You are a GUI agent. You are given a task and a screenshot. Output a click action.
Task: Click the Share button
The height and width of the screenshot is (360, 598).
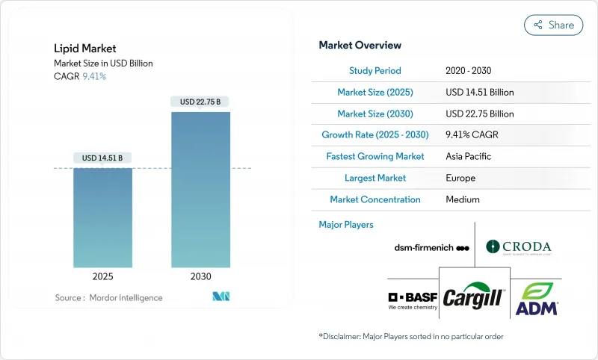pyautogui.click(x=553, y=25)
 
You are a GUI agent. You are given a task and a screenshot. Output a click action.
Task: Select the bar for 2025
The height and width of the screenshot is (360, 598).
pyautogui.click(x=103, y=217)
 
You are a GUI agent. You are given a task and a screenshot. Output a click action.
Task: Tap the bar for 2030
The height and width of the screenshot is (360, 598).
pyautogui.click(x=200, y=190)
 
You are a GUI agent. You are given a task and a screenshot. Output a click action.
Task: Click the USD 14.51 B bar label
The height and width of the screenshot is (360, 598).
pyautogui.click(x=103, y=158)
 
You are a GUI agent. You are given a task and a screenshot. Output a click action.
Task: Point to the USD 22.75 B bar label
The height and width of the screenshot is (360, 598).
pyautogui.click(x=200, y=102)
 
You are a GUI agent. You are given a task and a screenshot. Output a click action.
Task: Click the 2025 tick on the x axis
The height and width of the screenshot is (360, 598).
pyautogui.click(x=103, y=276)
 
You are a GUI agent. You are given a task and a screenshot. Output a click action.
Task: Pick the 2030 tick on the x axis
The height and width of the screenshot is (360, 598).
pyautogui.click(x=200, y=276)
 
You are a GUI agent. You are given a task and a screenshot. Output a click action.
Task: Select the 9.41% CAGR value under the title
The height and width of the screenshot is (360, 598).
pyautogui.click(x=94, y=76)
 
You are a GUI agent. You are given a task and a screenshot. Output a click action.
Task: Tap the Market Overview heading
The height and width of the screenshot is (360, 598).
pyautogui.click(x=360, y=46)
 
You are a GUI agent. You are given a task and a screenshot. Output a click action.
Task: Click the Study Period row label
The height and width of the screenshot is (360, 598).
pyautogui.click(x=375, y=70)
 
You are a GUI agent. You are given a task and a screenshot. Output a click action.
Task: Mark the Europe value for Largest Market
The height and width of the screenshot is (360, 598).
pyautogui.click(x=461, y=178)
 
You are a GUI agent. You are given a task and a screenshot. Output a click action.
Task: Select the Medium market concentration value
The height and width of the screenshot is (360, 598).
pyautogui.click(x=463, y=199)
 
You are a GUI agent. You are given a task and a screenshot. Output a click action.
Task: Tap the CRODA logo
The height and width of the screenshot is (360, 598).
pyautogui.click(x=518, y=246)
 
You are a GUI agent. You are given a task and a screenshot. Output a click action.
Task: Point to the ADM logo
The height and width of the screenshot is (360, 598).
pyautogui.click(x=537, y=299)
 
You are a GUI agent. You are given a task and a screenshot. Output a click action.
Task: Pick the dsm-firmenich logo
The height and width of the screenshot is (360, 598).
pyautogui.click(x=431, y=247)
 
